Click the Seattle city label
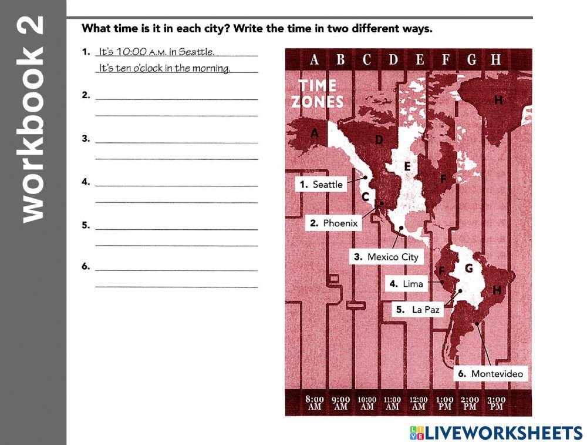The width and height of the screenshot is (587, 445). point(321,185)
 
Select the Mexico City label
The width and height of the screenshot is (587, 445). point(387,257)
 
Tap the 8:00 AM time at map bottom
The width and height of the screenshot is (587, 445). point(315,403)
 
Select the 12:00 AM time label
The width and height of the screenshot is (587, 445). point(419,403)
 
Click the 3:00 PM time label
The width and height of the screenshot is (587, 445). point(497,403)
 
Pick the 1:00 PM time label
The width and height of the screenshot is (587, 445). point(445,403)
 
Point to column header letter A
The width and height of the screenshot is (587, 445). point(315,59)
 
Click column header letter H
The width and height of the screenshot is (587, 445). point(496,59)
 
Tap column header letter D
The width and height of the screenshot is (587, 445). point(393,59)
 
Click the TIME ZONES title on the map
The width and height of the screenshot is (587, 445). point(317,93)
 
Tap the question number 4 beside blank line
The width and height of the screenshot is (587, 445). point(86,182)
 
